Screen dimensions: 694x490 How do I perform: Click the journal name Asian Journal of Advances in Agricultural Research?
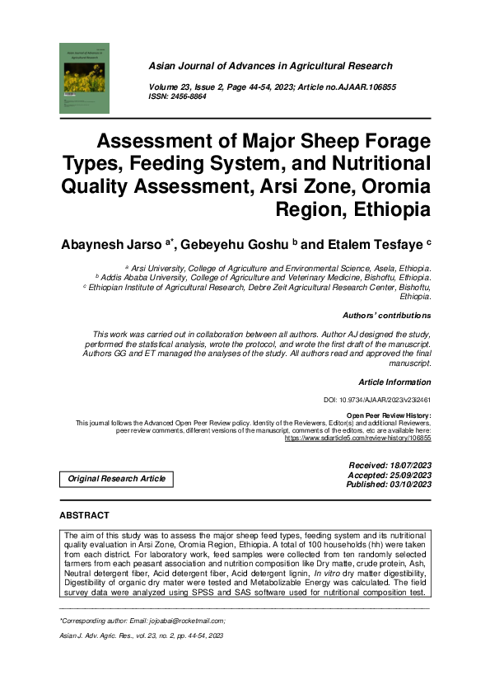[289, 65]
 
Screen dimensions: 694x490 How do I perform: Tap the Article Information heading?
[394, 382]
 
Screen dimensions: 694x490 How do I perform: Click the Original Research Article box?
[116, 479]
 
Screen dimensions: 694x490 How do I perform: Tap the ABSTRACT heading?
[84, 516]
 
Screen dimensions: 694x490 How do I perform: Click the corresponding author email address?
[190, 620]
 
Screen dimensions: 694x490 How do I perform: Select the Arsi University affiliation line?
[278, 269]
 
